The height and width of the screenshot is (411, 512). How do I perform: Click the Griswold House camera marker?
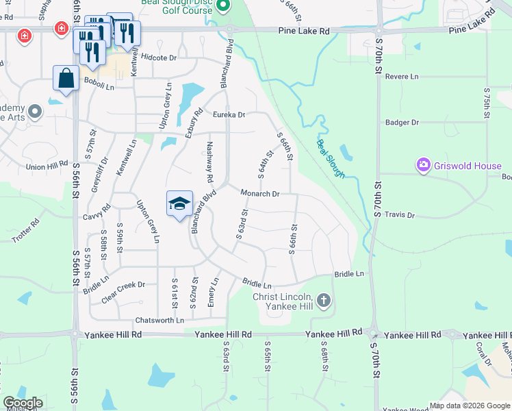(423, 165)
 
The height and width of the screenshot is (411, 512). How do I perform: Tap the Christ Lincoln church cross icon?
(324, 299)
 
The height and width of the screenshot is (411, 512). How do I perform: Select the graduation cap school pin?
(179, 203)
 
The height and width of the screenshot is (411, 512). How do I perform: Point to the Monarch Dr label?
(260, 194)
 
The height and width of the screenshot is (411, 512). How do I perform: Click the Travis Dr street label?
(400, 215)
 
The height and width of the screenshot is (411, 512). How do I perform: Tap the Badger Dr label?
(402, 123)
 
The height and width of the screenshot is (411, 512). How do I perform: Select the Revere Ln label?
(402, 77)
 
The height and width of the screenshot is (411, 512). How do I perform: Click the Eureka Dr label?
(229, 115)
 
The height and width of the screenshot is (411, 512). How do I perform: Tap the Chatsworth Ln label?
(160, 320)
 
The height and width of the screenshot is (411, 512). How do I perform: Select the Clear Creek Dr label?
(122, 285)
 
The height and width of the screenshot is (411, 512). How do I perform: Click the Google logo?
(23, 403)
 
